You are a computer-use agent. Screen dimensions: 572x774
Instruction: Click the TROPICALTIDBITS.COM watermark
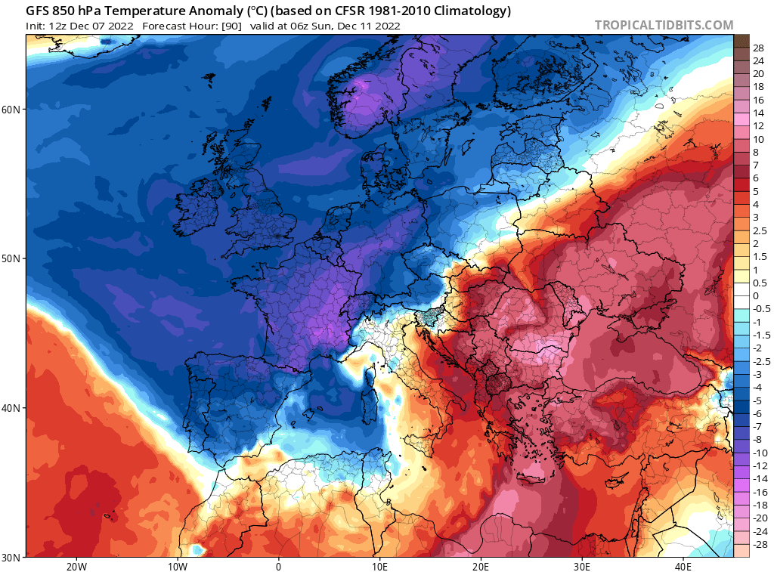click(x=664, y=25)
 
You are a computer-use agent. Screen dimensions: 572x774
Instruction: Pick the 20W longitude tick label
click(x=76, y=565)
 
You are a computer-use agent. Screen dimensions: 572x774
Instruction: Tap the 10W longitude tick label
click(x=177, y=565)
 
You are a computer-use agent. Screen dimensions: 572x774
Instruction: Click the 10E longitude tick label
click(x=379, y=565)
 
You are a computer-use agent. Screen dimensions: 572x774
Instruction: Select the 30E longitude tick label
click(x=582, y=565)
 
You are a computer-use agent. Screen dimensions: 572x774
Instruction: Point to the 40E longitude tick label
click(x=683, y=565)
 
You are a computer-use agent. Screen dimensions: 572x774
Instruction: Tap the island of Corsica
click(x=370, y=376)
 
